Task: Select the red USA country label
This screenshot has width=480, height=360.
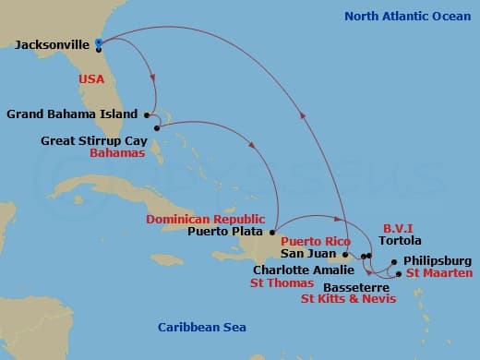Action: point(91,79)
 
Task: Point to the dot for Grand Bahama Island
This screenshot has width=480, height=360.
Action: point(147,114)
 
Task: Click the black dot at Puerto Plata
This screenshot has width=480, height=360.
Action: point(273,231)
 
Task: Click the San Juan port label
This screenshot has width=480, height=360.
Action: point(306,255)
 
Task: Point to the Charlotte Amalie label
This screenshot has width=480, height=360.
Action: point(302,270)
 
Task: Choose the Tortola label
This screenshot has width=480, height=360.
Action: point(401,239)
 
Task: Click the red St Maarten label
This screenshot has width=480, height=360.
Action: point(439,273)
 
